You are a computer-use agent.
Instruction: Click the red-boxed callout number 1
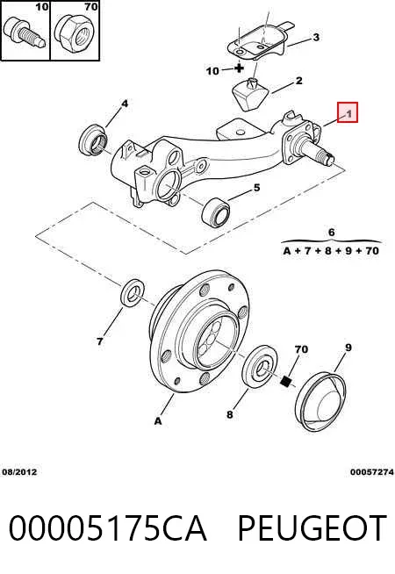[x=349, y=113]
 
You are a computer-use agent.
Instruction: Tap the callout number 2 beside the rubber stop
[x=299, y=81]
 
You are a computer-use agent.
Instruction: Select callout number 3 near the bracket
[x=316, y=37]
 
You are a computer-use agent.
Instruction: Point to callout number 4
[x=125, y=104]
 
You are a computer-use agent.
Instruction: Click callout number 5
[x=256, y=188]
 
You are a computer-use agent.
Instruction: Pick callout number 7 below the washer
[x=100, y=341]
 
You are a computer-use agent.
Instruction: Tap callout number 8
[x=229, y=414]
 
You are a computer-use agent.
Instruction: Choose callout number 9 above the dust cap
[x=348, y=348]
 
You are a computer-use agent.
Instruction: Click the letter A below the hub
[x=158, y=421]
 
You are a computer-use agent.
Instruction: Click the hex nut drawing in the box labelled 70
[x=74, y=32]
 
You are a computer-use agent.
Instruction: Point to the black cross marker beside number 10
[x=239, y=68]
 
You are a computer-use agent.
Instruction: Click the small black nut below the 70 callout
[x=285, y=381]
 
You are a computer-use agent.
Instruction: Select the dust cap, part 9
[x=321, y=401]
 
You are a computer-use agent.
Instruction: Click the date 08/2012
[x=20, y=472]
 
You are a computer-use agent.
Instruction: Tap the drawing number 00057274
[x=371, y=472]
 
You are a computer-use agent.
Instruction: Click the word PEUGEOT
[x=312, y=527]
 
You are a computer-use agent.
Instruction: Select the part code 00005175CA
[x=108, y=527]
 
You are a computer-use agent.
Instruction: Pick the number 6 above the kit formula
[x=331, y=232]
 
